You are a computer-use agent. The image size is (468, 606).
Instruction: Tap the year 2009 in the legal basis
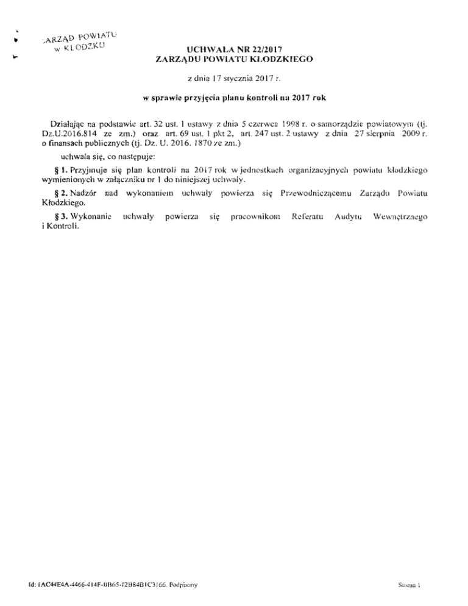[x=415, y=129]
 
